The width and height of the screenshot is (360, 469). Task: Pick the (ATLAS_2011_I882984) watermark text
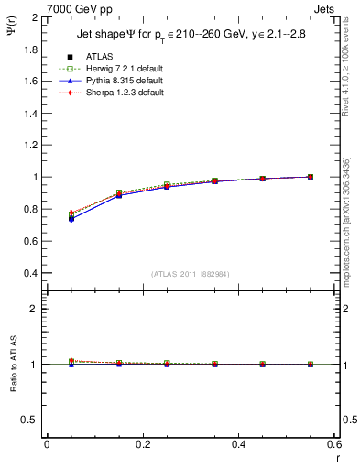point(190,275)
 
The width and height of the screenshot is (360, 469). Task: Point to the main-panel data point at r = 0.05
point(71,218)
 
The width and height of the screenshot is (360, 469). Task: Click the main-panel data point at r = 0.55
point(311,177)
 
